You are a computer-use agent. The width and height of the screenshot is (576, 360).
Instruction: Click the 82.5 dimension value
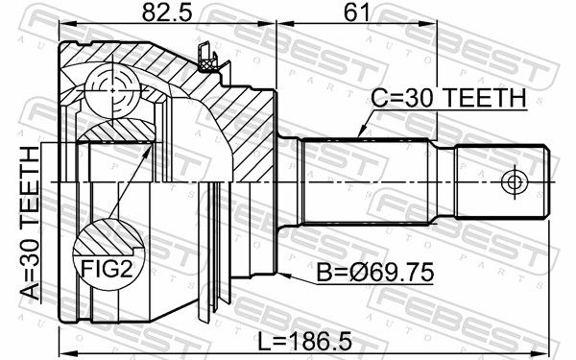pyautogui.click(x=167, y=12)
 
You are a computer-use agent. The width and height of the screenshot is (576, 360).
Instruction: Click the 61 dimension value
pyautogui.click(x=355, y=12)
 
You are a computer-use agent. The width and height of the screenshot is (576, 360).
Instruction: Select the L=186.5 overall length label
pyautogui.click(x=305, y=341)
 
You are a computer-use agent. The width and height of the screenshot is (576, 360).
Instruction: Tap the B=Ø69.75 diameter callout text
pyautogui.click(x=375, y=273)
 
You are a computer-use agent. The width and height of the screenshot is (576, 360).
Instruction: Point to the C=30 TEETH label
pyautogui.click(x=448, y=98)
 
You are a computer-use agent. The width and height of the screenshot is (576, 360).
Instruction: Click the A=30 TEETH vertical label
pyautogui.click(x=30, y=223)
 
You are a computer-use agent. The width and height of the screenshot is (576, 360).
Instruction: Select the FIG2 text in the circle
pyautogui.click(x=107, y=269)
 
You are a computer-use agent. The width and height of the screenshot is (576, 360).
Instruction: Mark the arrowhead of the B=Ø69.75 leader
pyautogui.click(x=283, y=275)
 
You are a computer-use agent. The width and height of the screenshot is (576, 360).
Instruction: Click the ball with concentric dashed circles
pyautogui.click(x=112, y=90)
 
